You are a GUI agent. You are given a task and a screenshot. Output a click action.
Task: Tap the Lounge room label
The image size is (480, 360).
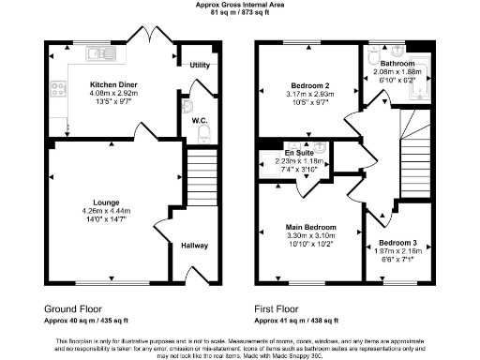[x=105, y=202]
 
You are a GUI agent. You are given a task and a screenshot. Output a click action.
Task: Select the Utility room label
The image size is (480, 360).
[x=199, y=65]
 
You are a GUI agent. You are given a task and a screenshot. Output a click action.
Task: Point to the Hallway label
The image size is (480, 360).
[x=195, y=246]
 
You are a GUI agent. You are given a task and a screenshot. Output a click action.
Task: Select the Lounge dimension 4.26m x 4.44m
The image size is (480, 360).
[x=105, y=210]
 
